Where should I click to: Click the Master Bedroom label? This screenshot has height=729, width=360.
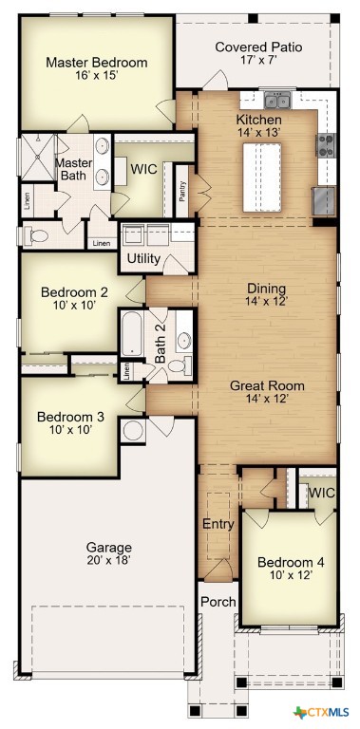97,63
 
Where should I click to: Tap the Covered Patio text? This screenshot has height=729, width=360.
258,47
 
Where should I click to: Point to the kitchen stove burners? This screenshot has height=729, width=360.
326,144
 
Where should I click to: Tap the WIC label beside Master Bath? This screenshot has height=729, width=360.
143,169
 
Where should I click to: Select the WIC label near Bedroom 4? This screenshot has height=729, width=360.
321,493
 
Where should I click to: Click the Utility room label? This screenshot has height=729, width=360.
143,258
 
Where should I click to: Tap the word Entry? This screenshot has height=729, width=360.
218,524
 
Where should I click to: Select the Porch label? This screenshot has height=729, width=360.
218,602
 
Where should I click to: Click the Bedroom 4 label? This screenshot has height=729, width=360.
291,563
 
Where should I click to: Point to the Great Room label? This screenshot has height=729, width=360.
266,385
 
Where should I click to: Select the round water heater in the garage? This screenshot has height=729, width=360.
133,430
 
